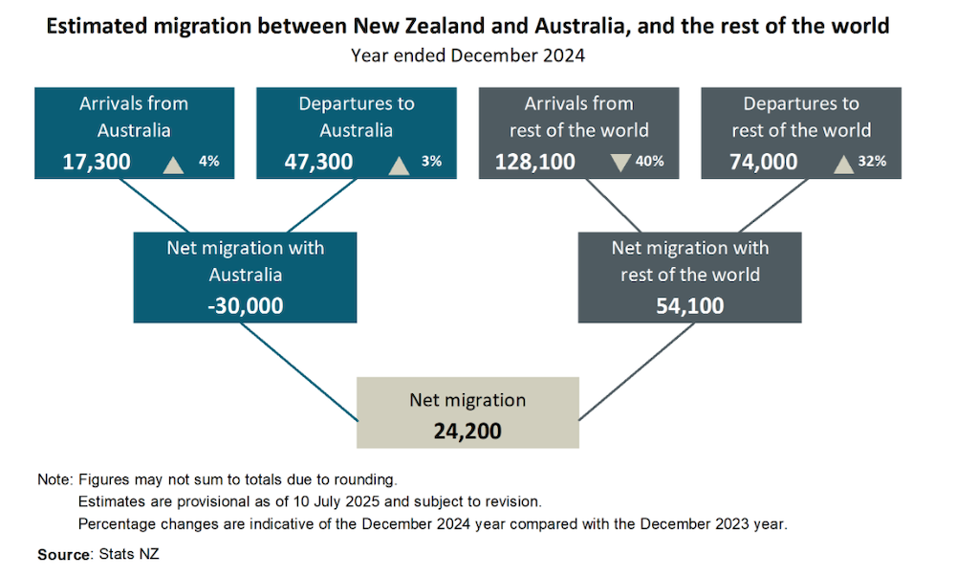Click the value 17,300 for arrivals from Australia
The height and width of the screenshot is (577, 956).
click(97, 162)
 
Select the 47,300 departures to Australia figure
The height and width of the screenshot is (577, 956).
click(318, 162)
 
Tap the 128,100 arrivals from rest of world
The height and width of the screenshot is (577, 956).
click(535, 162)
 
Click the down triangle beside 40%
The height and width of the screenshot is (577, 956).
click(621, 163)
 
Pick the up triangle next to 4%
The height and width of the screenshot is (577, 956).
click(173, 164)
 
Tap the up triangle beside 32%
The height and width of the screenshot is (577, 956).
click(843, 164)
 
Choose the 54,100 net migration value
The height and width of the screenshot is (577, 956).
click(689, 306)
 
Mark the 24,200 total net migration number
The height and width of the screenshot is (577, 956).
click(467, 431)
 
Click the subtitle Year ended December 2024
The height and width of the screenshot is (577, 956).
click(467, 55)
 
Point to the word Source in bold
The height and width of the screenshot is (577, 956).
click(60, 554)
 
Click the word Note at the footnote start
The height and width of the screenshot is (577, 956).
click(53, 479)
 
